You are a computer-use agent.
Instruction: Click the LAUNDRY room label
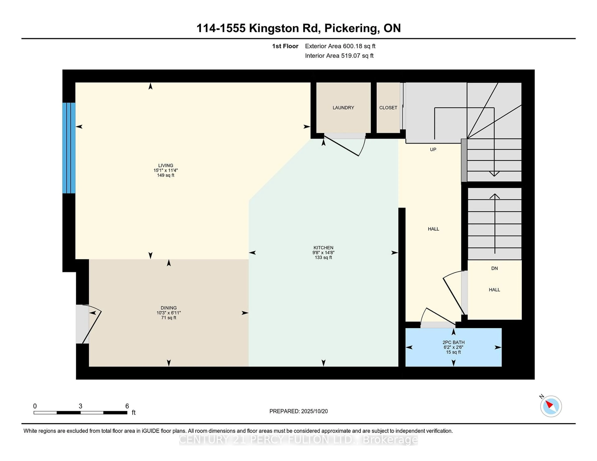[343, 108]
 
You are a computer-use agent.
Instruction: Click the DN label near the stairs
[494, 268]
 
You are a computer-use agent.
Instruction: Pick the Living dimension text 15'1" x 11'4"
[165, 170]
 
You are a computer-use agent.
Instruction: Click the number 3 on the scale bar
[80, 406]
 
